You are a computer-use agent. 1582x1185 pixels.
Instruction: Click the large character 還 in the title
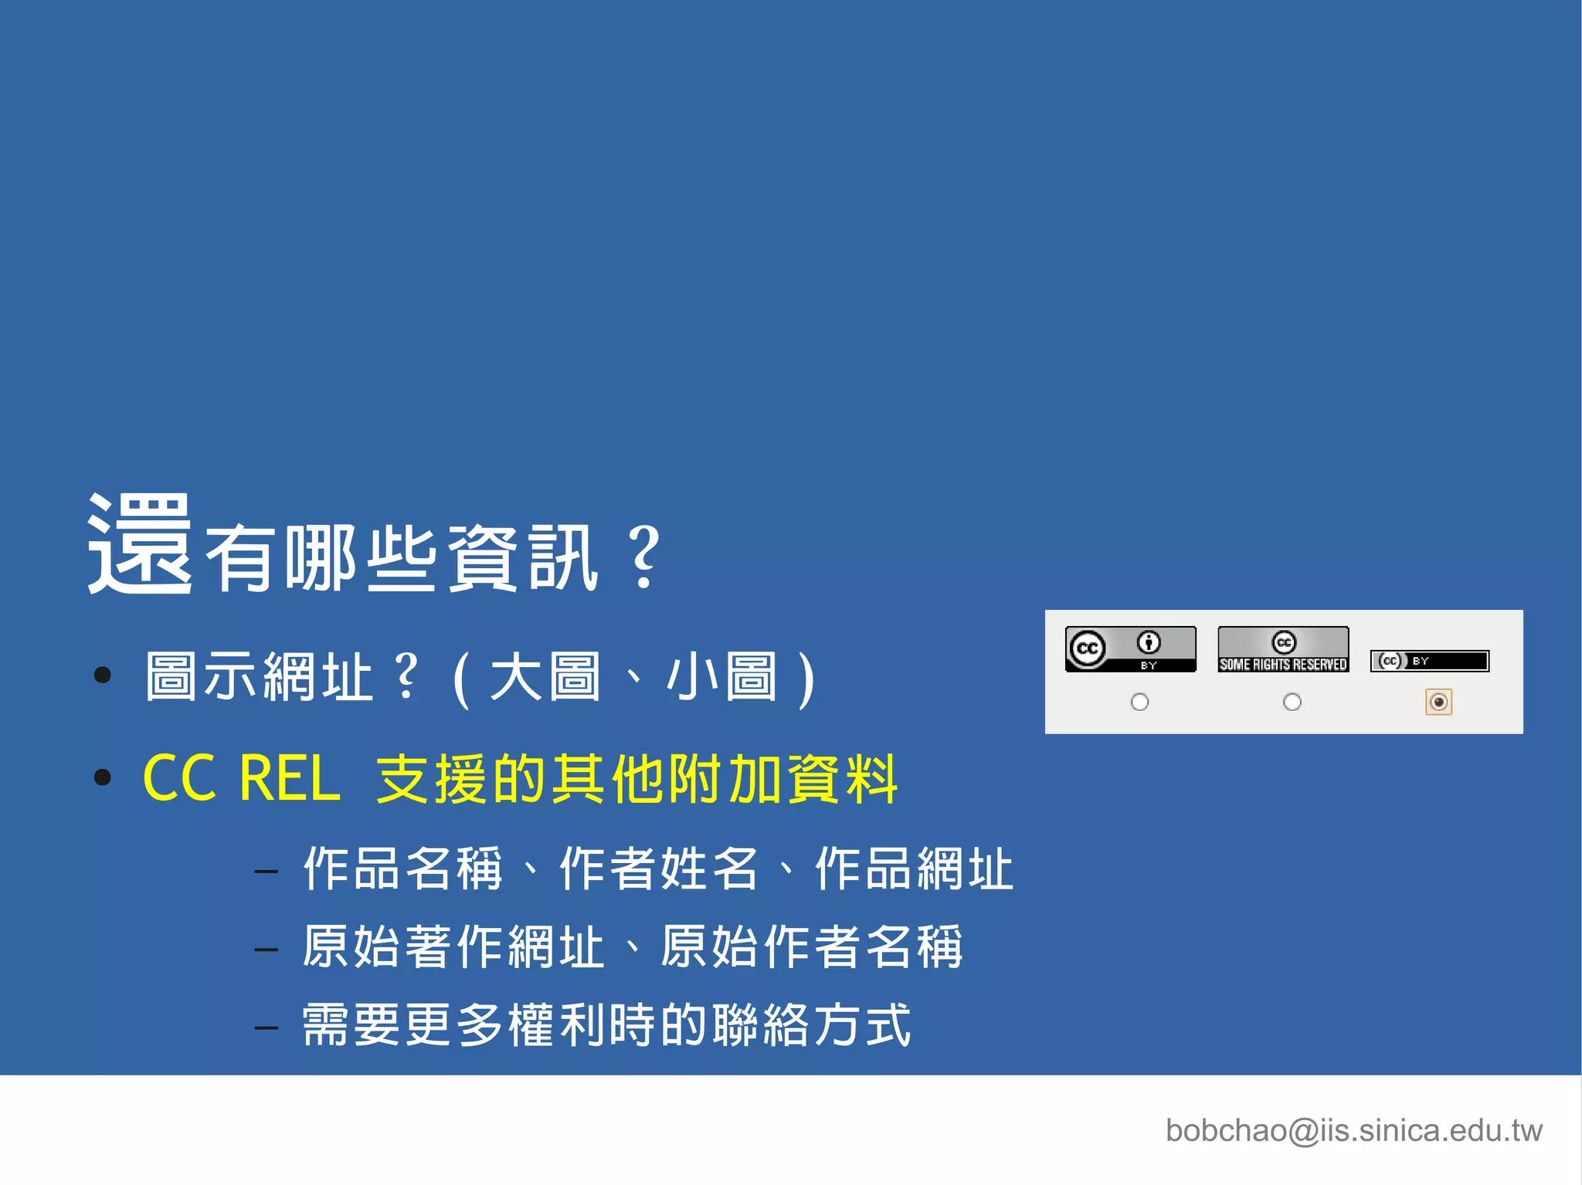point(139,544)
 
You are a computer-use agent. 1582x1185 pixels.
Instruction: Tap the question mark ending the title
point(643,557)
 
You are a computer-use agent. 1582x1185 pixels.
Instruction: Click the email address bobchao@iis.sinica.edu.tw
point(1353,1130)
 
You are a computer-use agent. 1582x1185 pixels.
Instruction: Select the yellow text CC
point(179,778)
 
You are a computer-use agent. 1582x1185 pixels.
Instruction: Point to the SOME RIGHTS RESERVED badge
point(1283,649)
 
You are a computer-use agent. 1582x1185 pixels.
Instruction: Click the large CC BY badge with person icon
point(1130,649)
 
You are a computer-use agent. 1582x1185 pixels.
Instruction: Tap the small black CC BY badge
point(1429,661)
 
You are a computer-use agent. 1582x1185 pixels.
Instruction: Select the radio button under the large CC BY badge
point(1139,702)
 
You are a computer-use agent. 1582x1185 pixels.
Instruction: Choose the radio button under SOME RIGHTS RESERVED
point(1292,702)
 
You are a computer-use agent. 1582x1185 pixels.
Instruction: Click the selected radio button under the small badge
point(1438,702)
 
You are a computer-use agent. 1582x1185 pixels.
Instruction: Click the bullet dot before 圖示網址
point(102,676)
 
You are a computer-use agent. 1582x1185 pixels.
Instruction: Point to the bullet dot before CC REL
point(102,777)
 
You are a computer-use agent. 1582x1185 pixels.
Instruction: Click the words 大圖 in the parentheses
point(545,677)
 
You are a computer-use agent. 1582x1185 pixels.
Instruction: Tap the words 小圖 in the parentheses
point(721,677)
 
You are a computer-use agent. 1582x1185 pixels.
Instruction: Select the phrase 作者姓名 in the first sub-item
point(658,868)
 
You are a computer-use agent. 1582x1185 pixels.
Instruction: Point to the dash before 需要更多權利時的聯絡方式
point(266,1028)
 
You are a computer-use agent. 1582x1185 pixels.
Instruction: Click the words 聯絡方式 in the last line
point(811,1025)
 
